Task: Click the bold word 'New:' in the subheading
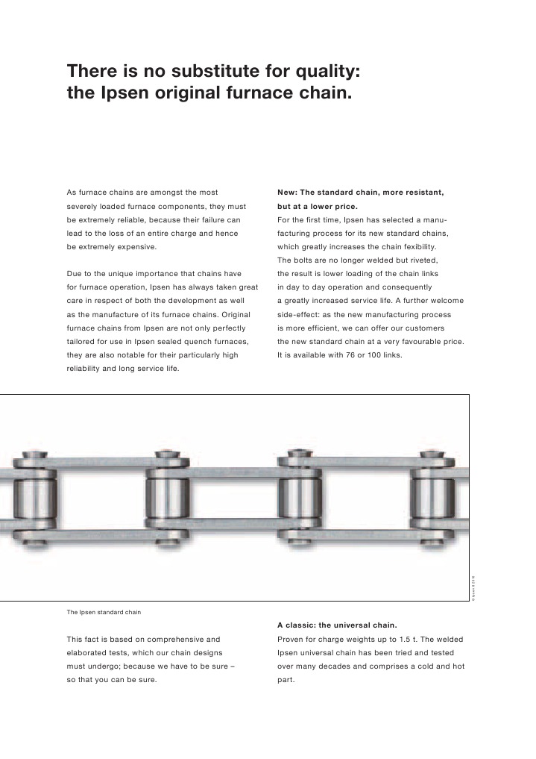tap(290, 193)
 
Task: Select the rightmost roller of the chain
tap(430, 496)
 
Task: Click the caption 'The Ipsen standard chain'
tap(104, 612)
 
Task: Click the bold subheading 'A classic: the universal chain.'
tap(337, 625)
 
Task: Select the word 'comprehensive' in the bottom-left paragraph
tap(161, 639)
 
